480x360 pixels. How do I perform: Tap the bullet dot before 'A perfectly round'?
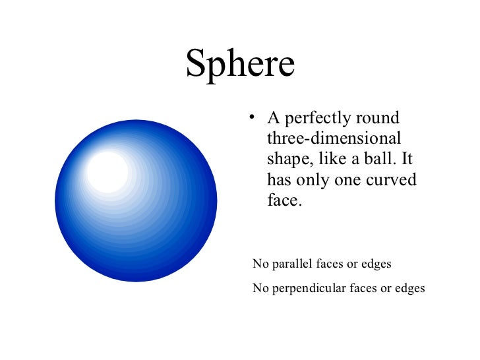click(x=251, y=119)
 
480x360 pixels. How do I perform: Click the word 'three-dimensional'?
click(x=334, y=139)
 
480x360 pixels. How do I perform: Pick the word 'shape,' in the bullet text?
click(x=287, y=160)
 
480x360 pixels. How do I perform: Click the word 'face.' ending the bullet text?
click(x=284, y=200)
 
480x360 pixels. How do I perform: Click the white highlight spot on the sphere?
click(x=107, y=171)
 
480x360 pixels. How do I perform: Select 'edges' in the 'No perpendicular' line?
click(x=409, y=288)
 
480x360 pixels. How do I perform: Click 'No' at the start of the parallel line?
click(x=260, y=264)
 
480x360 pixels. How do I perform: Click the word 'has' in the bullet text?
click(x=280, y=179)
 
